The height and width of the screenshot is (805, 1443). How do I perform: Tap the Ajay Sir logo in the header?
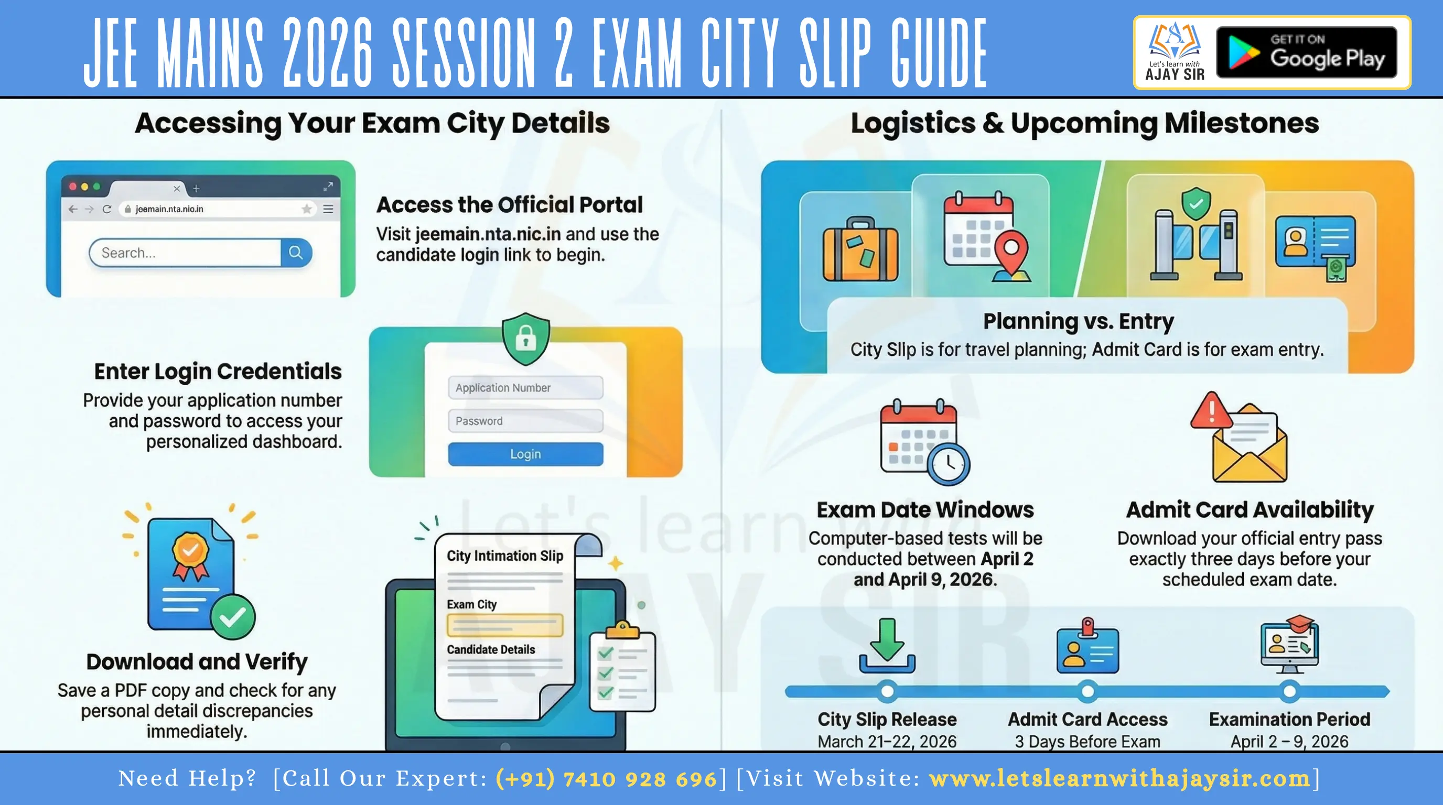1174,52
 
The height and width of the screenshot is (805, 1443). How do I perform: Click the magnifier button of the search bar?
296,253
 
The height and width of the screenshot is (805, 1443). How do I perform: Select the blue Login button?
525,454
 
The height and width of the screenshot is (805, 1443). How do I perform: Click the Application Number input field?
525,387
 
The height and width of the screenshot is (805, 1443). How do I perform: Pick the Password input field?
525,421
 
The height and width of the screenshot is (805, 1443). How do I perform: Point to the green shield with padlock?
525,339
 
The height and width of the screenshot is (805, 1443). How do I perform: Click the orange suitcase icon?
860,249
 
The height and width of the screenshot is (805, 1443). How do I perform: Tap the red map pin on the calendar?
1011,249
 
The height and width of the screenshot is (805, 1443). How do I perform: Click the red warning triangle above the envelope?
1211,410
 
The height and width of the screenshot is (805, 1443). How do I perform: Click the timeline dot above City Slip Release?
887,691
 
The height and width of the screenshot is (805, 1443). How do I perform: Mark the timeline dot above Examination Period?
1289,691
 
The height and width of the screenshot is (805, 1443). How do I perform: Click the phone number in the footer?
606,779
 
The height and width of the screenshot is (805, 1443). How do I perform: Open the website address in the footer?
1119,779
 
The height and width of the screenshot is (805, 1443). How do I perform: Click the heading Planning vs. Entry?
1079,321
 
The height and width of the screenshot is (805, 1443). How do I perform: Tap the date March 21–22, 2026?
887,741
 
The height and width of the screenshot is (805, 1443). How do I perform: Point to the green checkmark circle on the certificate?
232,617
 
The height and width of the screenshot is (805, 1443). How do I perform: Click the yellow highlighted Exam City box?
505,625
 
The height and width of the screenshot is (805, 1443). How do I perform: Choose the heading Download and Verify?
197,662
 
